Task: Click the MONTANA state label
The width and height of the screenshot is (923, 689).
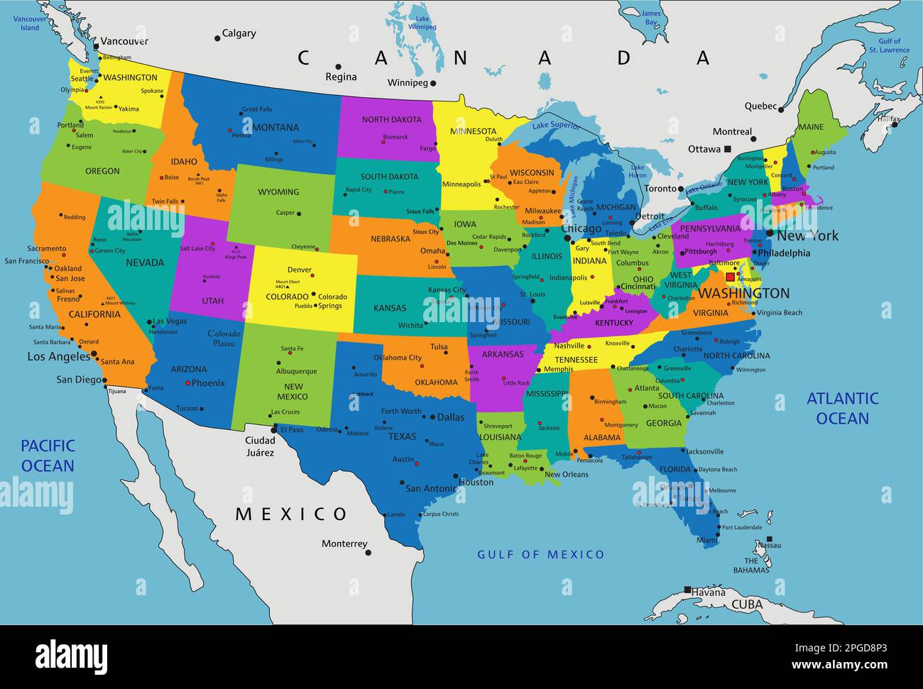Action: pyautogui.click(x=275, y=128)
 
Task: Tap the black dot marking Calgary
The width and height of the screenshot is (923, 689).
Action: pyautogui.click(x=217, y=38)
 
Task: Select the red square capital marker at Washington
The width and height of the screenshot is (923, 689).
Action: pyautogui.click(x=730, y=277)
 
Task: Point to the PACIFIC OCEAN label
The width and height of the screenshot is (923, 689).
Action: pyautogui.click(x=48, y=456)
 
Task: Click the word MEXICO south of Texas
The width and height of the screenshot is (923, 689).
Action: pyautogui.click(x=291, y=514)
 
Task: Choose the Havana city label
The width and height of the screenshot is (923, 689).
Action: pyautogui.click(x=709, y=592)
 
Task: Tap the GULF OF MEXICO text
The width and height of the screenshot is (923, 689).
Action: pyautogui.click(x=541, y=554)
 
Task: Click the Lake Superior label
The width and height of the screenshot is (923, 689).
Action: pyautogui.click(x=556, y=126)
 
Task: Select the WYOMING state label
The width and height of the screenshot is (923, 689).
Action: pyautogui.click(x=278, y=192)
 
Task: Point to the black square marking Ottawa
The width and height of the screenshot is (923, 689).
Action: pyautogui.click(x=728, y=149)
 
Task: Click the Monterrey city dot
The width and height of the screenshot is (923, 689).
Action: pyautogui.click(x=368, y=552)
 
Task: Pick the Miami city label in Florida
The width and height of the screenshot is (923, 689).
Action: pyautogui.click(x=707, y=541)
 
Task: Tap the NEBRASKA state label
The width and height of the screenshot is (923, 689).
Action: pyautogui.click(x=390, y=239)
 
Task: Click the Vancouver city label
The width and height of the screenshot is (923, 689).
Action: pyautogui.click(x=124, y=41)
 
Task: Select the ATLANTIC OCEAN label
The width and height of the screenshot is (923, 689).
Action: pyautogui.click(x=843, y=409)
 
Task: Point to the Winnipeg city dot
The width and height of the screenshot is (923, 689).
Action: pyautogui.click(x=433, y=83)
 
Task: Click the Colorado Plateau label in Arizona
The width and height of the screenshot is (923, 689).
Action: pyautogui.click(x=224, y=338)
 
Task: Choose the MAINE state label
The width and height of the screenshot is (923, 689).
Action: pyautogui.click(x=811, y=128)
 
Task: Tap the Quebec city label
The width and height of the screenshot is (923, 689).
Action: pyautogui.click(x=760, y=106)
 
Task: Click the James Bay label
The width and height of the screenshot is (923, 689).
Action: pyautogui.click(x=650, y=17)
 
